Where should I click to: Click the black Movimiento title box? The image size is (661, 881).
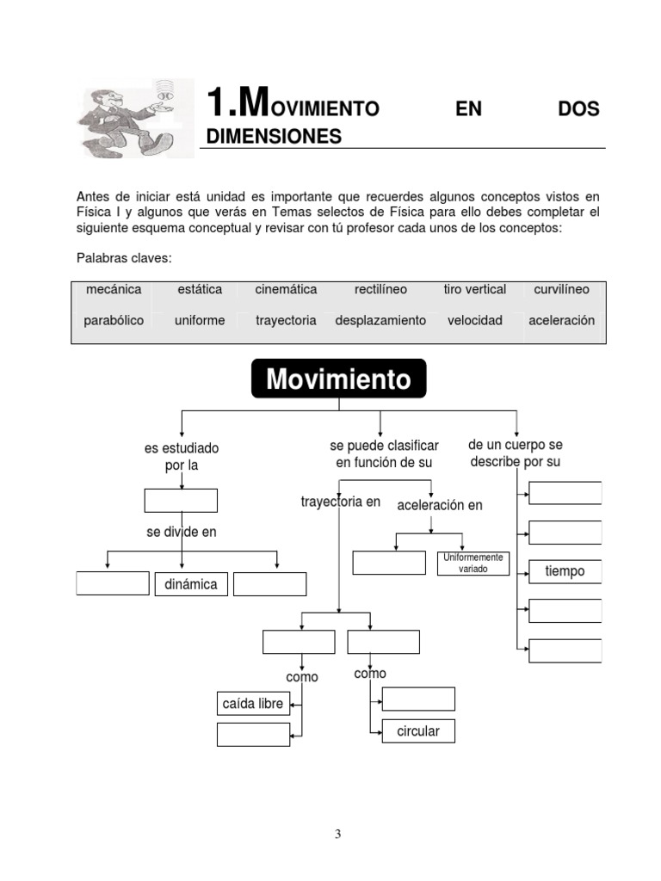338,379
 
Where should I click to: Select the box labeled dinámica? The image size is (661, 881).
190,585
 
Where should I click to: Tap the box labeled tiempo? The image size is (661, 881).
565,571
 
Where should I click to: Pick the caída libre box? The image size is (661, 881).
253,704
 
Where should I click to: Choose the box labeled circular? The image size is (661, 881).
418,731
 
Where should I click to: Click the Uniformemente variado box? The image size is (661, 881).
473,564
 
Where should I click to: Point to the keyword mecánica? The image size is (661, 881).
114,290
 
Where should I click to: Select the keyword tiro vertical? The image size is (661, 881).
475,290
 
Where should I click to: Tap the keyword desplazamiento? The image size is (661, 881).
380,320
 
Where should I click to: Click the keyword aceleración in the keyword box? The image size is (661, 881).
561,320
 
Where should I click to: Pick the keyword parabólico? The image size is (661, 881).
114,320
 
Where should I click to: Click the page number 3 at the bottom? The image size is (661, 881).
338,834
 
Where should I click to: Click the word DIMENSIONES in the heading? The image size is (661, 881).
274,137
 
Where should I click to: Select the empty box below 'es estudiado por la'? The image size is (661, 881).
181,500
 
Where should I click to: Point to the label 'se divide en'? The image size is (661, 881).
181,533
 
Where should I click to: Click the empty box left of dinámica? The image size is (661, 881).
113,583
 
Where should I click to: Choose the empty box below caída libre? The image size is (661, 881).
253,734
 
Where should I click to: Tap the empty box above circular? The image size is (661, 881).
418,699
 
